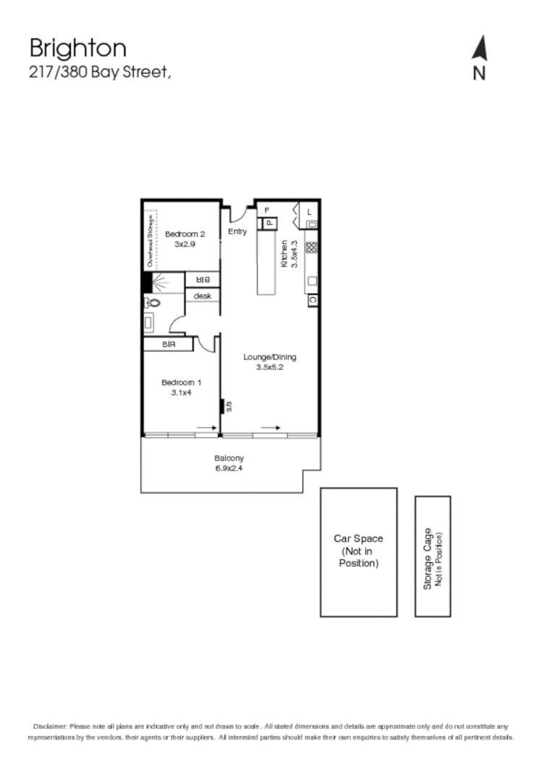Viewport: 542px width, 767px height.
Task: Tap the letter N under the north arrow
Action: click(x=479, y=74)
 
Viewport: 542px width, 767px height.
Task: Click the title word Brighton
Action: click(x=78, y=48)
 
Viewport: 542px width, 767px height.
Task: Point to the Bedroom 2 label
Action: click(x=185, y=234)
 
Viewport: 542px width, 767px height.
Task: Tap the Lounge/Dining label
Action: click(x=270, y=357)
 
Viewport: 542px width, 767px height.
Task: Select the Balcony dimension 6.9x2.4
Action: click(x=229, y=469)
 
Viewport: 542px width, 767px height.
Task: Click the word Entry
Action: click(x=237, y=232)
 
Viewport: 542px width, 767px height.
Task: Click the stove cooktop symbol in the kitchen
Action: click(x=311, y=247)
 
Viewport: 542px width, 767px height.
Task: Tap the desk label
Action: click(x=202, y=296)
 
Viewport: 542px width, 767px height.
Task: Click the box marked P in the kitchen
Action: click(x=268, y=223)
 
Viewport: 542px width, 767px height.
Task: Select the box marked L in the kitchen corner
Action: click(x=309, y=211)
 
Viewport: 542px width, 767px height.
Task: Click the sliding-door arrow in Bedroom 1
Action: click(x=206, y=428)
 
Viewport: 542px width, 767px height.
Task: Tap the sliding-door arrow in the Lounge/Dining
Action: click(x=271, y=428)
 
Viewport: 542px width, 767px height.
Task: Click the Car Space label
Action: click(x=358, y=551)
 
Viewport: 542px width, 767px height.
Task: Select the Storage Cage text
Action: click(x=428, y=557)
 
